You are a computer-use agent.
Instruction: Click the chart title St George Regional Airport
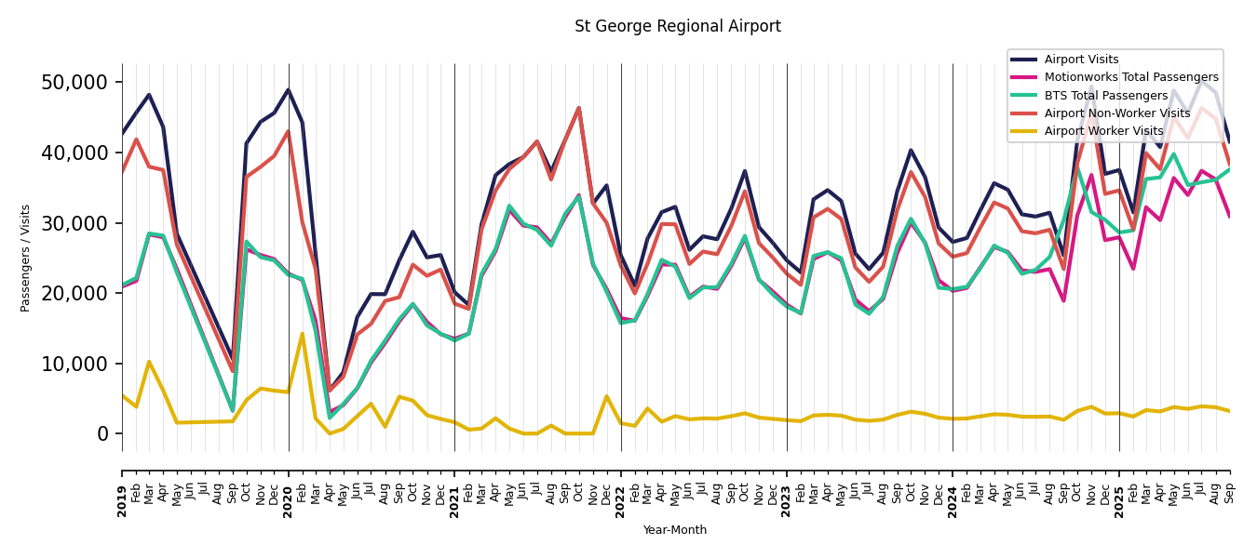(x=677, y=26)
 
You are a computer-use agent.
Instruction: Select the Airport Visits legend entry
(x=1081, y=60)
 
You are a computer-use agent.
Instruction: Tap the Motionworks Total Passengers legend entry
(x=1130, y=77)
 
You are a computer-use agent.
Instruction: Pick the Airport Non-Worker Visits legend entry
(x=1116, y=113)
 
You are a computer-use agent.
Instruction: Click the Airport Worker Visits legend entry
(x=1103, y=131)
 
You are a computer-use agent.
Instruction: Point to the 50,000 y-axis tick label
(x=75, y=83)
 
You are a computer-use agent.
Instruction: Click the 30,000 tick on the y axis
(x=75, y=223)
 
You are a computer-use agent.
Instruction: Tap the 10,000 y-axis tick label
(x=75, y=364)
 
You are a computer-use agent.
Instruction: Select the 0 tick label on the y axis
(x=103, y=434)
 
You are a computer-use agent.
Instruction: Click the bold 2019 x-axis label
(x=122, y=489)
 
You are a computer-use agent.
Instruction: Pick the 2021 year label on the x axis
(x=454, y=489)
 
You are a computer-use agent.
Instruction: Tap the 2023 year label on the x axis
(x=787, y=489)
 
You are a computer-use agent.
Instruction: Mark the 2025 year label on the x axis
(x=1119, y=489)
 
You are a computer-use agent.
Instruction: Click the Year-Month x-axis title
(x=675, y=530)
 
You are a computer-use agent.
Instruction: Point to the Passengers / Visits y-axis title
(x=26, y=258)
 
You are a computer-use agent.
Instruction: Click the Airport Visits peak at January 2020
(x=288, y=90)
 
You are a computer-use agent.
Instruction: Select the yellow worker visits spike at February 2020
(x=302, y=334)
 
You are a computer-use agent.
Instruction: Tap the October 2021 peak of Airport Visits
(x=578, y=108)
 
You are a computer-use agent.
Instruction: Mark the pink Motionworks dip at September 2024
(x=1063, y=300)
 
